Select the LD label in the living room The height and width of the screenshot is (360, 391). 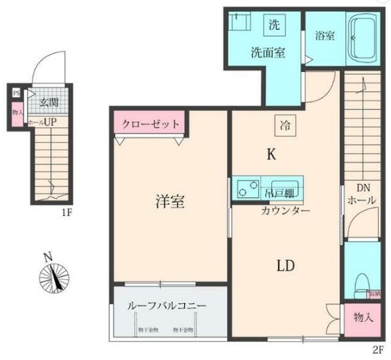coord(287,266)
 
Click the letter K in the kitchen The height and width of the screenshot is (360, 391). coord(271,155)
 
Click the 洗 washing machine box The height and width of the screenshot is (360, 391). coord(274,26)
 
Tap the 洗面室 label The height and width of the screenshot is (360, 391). coord(267,53)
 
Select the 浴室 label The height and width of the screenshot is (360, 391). coord(325,35)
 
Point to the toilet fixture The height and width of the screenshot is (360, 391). coord(359,284)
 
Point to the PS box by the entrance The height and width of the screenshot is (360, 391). coord(16,91)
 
